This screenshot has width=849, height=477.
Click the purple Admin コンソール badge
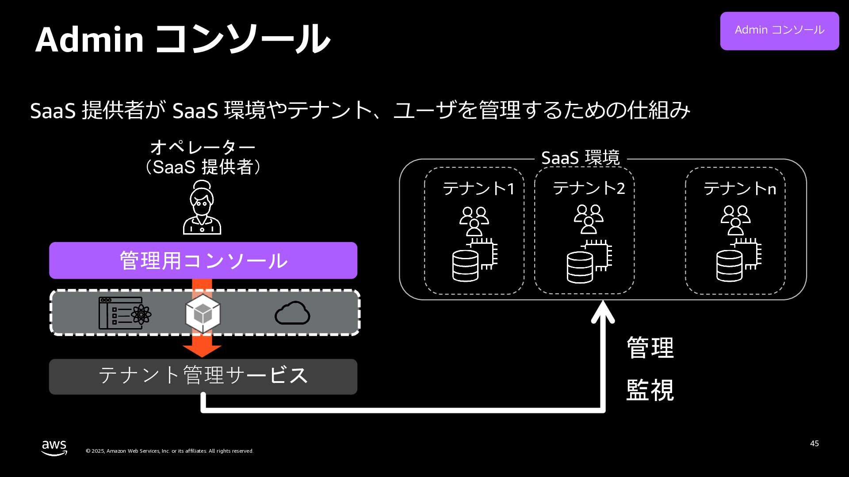point(779,30)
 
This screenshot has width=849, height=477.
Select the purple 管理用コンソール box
point(203,260)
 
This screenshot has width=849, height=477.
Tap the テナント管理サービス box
point(203,376)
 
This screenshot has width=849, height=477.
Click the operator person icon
point(202,208)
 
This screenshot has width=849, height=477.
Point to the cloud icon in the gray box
point(292,313)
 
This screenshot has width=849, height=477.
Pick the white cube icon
point(203,314)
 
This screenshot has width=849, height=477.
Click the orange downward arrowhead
point(202,350)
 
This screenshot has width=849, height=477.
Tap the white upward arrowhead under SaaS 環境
point(603,312)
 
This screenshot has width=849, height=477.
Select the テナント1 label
point(479,189)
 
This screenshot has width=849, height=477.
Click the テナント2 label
point(589,188)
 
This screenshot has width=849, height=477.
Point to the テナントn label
point(740,189)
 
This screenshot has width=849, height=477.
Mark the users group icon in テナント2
point(589,219)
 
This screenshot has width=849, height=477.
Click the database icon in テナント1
point(466,265)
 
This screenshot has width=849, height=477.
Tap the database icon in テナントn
point(730,265)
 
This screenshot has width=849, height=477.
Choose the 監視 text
point(650,390)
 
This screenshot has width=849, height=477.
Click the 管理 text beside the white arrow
point(650,348)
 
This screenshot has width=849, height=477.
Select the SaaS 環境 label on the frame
point(580,158)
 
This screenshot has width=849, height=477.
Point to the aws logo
point(54,447)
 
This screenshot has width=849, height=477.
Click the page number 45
point(814,443)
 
